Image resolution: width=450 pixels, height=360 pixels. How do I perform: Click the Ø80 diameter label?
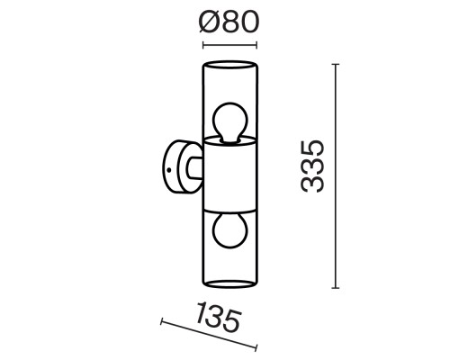pos(229,21)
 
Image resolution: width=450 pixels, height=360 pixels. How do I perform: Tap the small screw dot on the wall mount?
pos(166,168)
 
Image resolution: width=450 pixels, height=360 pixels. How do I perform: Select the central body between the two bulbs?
pos(229,175)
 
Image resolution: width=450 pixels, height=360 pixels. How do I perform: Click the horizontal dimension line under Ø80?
pos(229,44)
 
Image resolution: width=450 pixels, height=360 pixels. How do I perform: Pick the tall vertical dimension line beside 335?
pos(335,175)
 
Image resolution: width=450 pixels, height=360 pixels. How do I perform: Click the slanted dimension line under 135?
pos(208,335)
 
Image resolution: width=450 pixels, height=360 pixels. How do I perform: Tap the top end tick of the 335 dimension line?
pos(335,64)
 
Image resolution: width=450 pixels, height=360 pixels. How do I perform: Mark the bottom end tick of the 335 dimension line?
pos(335,288)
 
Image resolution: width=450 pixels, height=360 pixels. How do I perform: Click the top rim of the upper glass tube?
pos(229,64)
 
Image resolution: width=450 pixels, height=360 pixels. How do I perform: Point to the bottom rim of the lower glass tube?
pos(229,287)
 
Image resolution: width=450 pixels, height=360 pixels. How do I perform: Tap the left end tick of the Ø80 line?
pos(202,44)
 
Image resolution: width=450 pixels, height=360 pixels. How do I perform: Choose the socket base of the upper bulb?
pos(229,139)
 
